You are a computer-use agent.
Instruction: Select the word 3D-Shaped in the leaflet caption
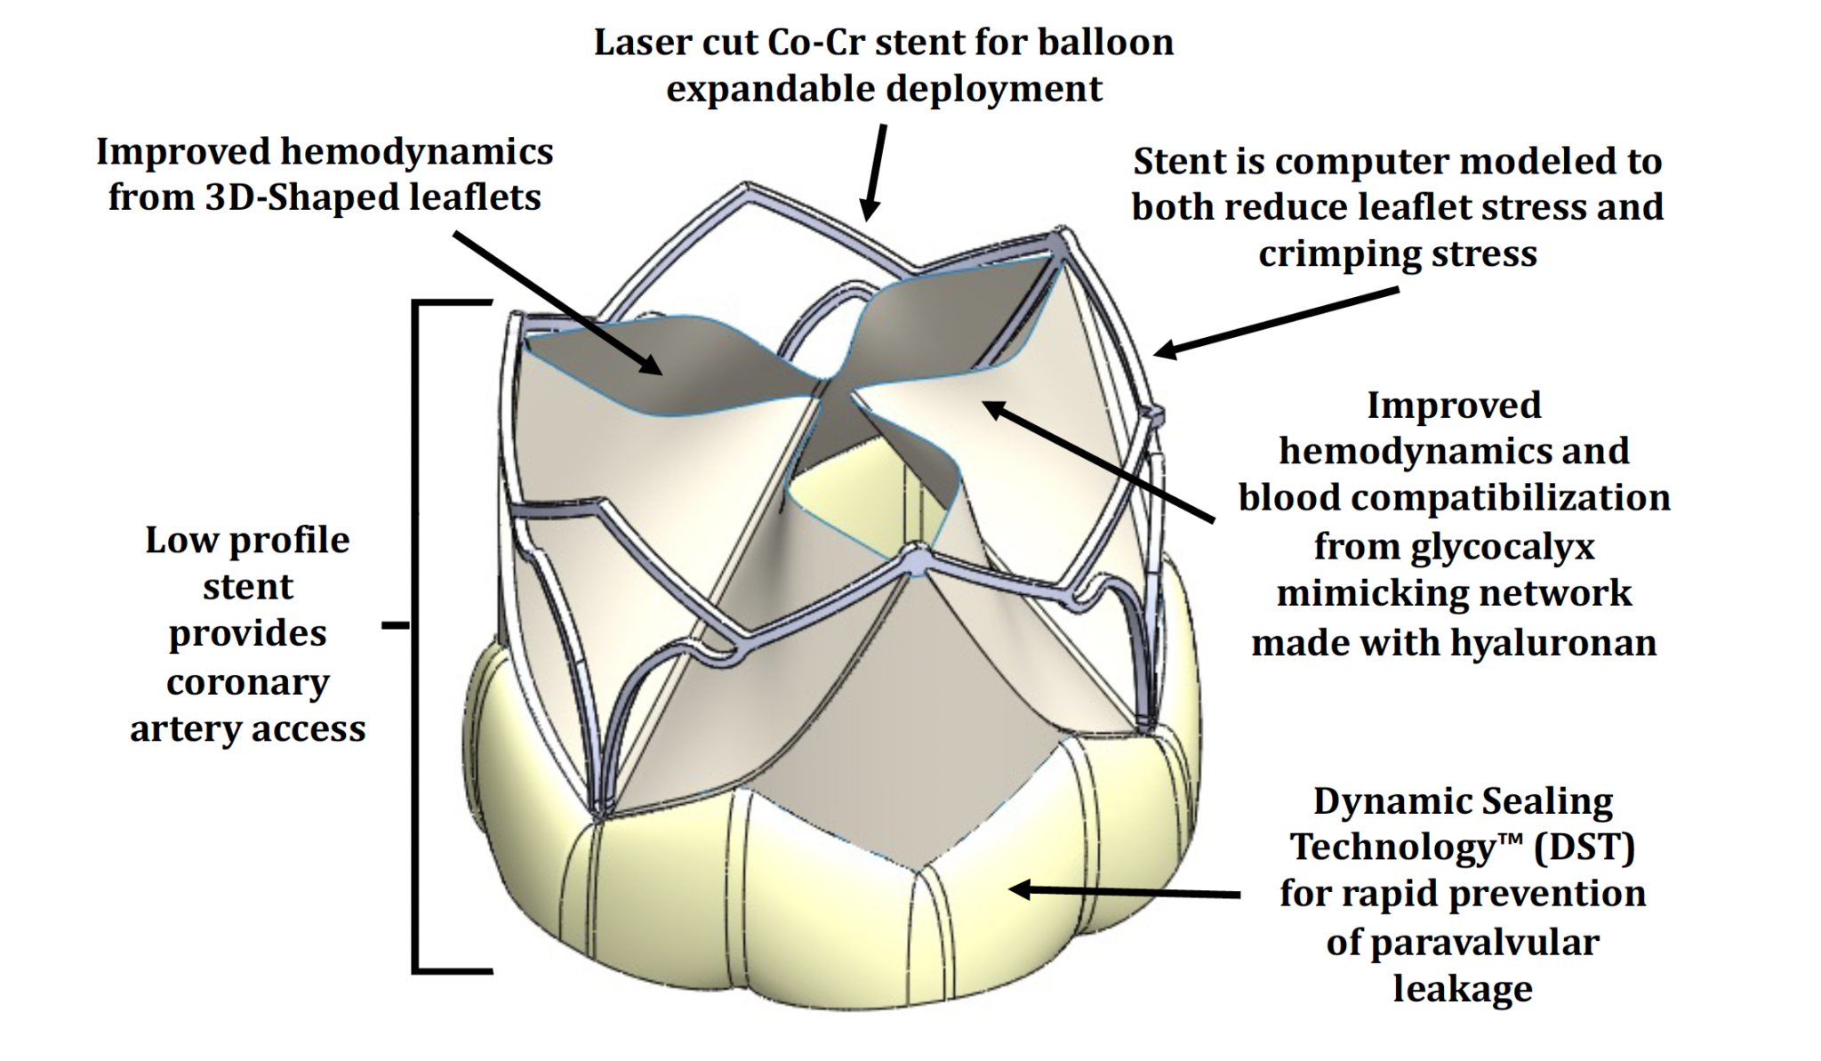(x=301, y=197)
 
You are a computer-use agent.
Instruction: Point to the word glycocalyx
(x=1454, y=545)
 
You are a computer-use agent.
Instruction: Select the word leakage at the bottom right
(x=1462, y=988)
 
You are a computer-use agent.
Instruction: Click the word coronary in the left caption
(x=247, y=682)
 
